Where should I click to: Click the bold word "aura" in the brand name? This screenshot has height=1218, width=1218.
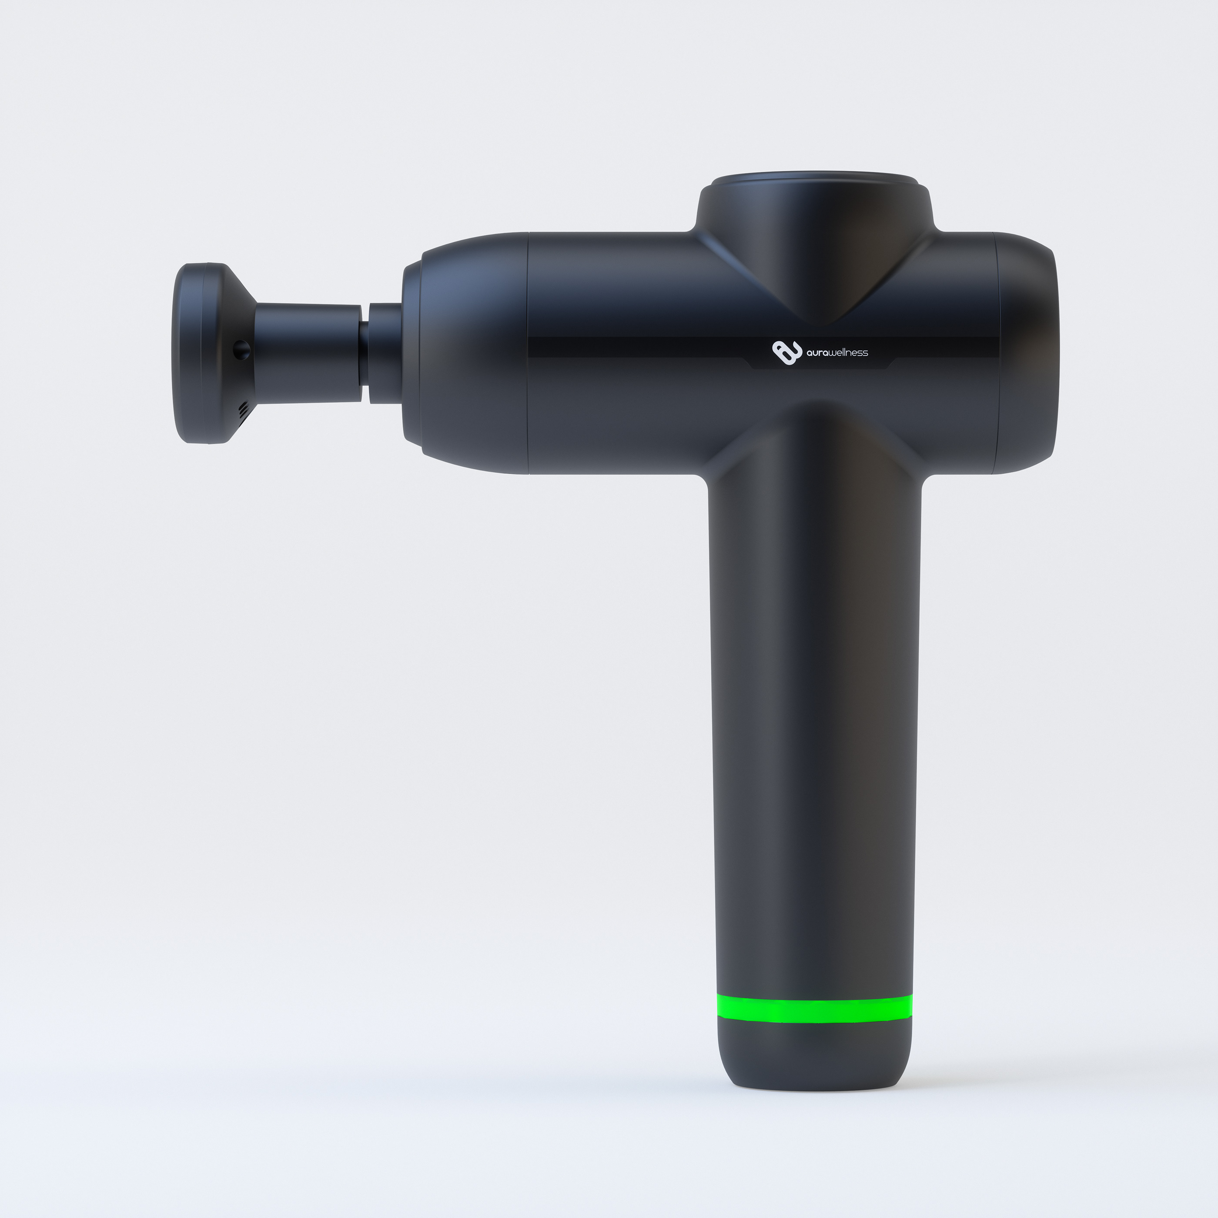click(x=818, y=353)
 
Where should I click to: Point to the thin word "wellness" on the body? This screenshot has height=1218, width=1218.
click(x=849, y=352)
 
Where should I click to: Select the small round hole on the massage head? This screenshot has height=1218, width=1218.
click(x=241, y=348)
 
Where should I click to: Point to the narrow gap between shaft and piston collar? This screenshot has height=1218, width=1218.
click(x=365, y=353)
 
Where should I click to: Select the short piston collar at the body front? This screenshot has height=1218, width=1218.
click(x=385, y=353)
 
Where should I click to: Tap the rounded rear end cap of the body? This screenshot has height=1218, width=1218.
click(x=1027, y=353)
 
